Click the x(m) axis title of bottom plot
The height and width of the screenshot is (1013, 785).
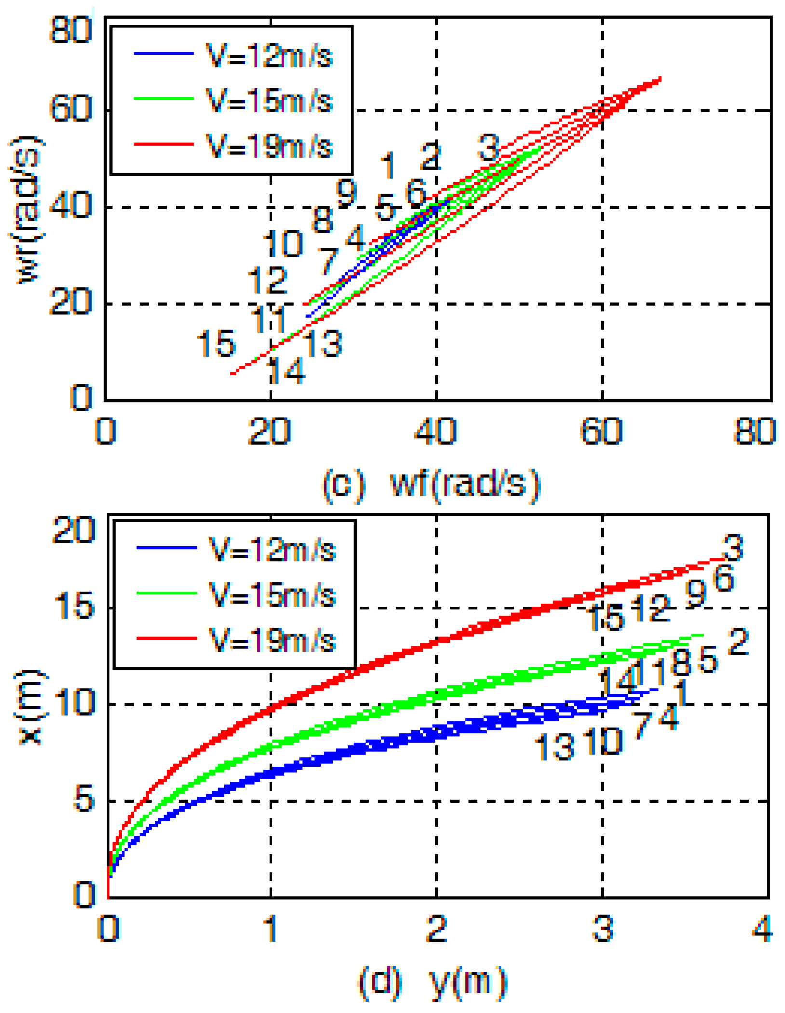tap(30, 707)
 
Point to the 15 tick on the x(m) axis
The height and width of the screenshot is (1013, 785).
tap(74, 606)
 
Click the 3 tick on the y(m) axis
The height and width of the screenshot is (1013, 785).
tap(603, 928)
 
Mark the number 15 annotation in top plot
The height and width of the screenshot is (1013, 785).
tap(216, 343)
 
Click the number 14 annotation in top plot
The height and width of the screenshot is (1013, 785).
tap(285, 371)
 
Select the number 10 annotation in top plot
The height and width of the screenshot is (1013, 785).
tap(284, 243)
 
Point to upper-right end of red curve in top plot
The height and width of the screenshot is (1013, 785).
tap(659, 78)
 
